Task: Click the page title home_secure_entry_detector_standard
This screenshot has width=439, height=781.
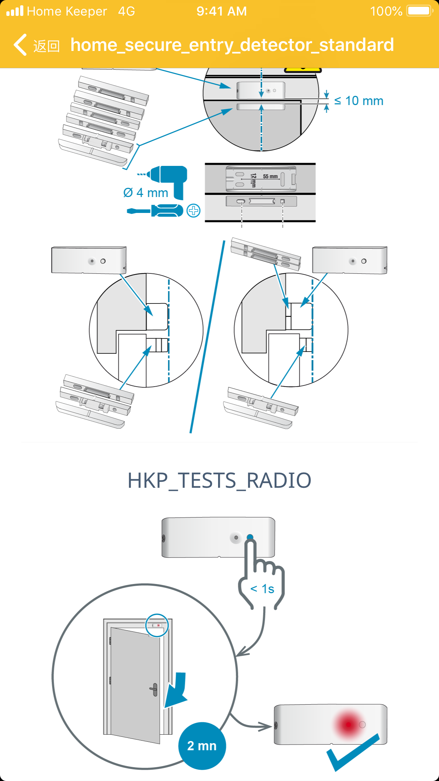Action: pyautogui.click(x=232, y=45)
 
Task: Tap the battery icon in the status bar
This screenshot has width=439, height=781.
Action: pyautogui.click(x=420, y=11)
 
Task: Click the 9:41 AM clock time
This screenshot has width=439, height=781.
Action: pyautogui.click(x=222, y=11)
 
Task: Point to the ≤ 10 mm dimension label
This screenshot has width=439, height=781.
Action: pyautogui.click(x=359, y=101)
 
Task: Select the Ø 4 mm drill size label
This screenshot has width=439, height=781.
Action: pyautogui.click(x=146, y=193)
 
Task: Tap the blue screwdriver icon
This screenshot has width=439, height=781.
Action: pyautogui.click(x=156, y=211)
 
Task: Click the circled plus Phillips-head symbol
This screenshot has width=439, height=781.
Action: pyautogui.click(x=193, y=211)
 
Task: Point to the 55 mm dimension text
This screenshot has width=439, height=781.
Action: pyautogui.click(x=270, y=176)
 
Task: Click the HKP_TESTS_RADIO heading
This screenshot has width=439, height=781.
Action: pyautogui.click(x=219, y=480)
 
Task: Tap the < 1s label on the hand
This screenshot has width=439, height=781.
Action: pyautogui.click(x=262, y=589)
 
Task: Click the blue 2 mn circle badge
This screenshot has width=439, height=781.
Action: pyautogui.click(x=202, y=746)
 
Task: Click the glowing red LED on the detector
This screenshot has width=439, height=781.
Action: pyautogui.click(x=348, y=724)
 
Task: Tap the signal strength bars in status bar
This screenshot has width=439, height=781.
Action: pyautogui.click(x=15, y=11)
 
